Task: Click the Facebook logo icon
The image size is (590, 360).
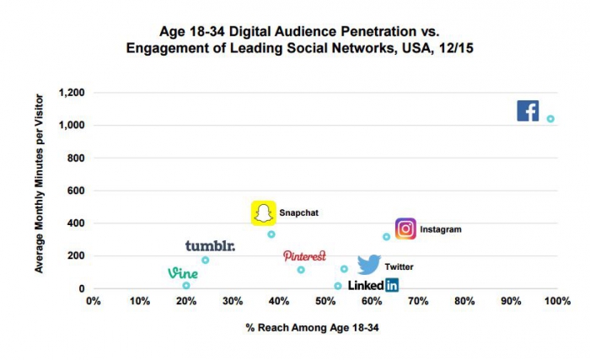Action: pos(528,110)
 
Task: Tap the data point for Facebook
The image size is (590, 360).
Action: pos(550,119)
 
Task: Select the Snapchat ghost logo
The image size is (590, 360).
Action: pos(265,213)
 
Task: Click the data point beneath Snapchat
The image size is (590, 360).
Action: pos(271,234)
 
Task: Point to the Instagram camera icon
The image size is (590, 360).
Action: pos(405,228)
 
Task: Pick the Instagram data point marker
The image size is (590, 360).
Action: pos(386,237)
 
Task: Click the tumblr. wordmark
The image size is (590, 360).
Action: pos(210,246)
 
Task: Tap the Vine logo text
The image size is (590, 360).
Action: pos(183,273)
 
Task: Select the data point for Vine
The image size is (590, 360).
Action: pos(186,286)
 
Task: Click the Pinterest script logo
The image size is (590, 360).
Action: pos(304,255)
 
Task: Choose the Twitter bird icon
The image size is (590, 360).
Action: pos(368,265)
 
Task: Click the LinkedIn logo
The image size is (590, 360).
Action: pos(373,286)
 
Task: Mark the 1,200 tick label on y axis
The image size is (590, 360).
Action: pos(71,93)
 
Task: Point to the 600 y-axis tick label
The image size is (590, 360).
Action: pos(76,191)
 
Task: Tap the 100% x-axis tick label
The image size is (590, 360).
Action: pos(555,300)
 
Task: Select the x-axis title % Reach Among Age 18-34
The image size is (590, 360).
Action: pos(312,325)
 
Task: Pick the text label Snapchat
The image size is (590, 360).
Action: pos(298,213)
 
